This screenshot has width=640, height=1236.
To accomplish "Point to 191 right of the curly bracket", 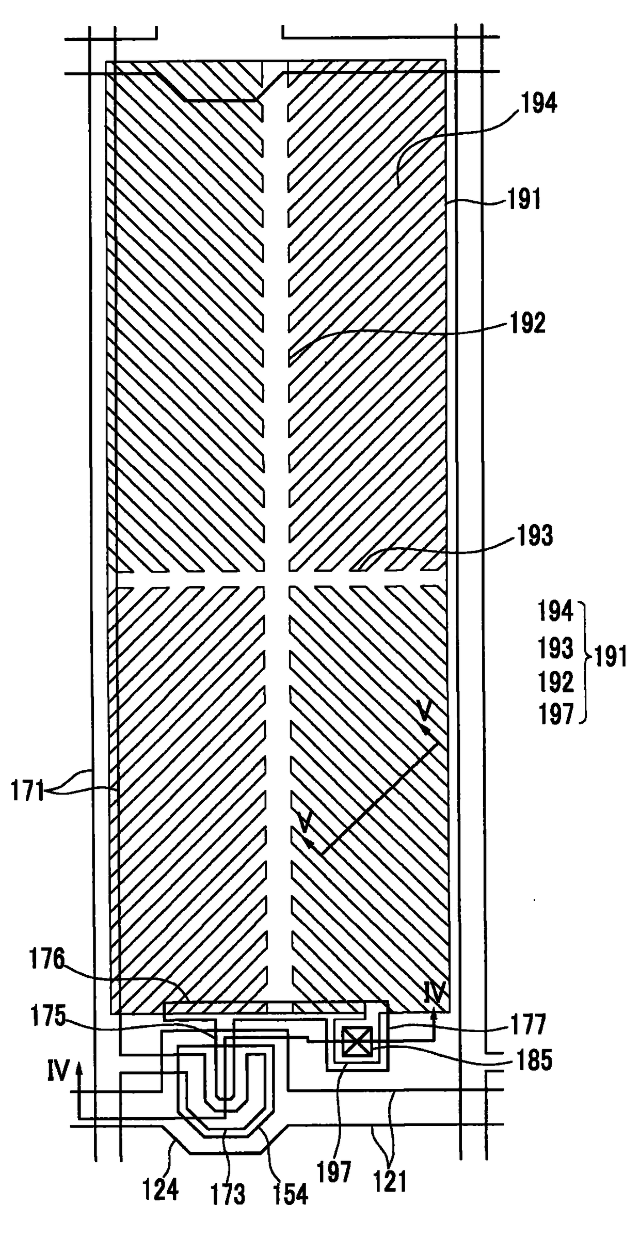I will pos(611,658).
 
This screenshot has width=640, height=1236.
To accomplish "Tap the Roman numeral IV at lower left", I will pos(58,1072).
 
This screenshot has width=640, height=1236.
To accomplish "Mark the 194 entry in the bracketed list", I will pos(556,611).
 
